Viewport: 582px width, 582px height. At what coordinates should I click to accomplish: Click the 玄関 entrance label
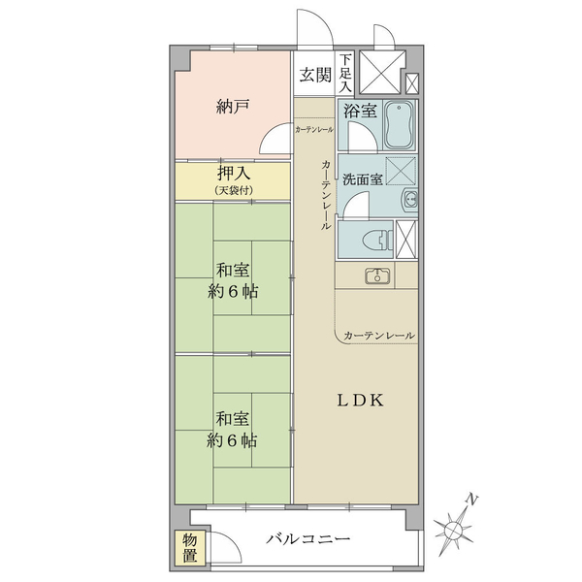tap(315, 75)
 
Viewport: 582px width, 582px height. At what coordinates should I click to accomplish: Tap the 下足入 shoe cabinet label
tap(345, 73)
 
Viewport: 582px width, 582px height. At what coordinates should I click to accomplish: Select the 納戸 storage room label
tap(233, 107)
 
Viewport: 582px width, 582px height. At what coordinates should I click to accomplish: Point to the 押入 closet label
tap(234, 174)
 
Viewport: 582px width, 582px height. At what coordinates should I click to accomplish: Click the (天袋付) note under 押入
tap(234, 191)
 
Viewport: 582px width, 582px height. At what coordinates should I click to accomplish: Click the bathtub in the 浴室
tap(399, 125)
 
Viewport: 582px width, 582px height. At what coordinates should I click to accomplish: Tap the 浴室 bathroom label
tap(360, 111)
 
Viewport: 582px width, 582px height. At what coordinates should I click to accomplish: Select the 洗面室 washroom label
tap(363, 179)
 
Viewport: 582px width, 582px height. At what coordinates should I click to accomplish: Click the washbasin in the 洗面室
tap(409, 201)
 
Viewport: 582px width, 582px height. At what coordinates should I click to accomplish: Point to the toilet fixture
tap(379, 240)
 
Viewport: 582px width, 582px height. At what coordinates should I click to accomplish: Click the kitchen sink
tap(377, 275)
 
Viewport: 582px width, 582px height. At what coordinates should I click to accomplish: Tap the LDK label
tap(360, 401)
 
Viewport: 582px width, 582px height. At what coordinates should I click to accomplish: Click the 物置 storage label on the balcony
tap(190, 548)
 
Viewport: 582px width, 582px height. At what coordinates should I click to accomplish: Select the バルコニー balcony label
tap(308, 538)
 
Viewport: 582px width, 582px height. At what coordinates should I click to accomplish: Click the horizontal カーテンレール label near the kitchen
tap(379, 336)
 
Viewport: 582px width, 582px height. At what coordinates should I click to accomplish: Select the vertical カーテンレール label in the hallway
tap(326, 195)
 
